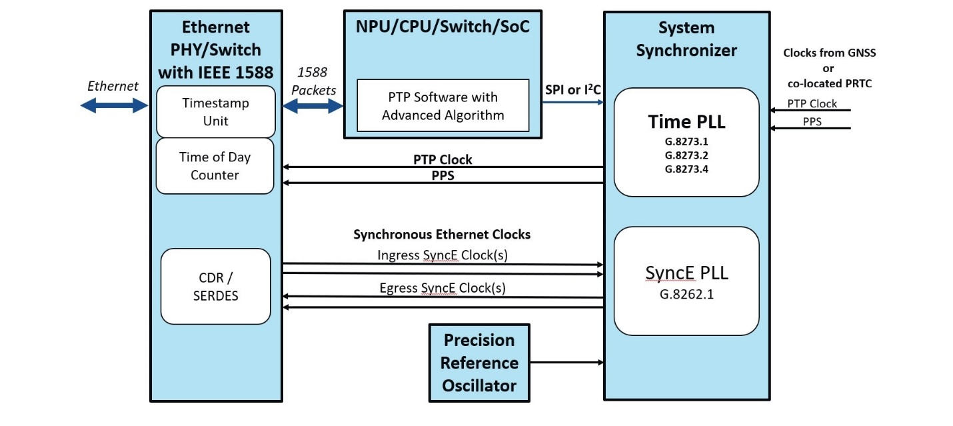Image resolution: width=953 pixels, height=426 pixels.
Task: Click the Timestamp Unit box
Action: (215, 112)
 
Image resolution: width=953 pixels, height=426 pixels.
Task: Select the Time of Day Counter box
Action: (215, 166)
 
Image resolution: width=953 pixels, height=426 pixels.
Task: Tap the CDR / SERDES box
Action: (215, 287)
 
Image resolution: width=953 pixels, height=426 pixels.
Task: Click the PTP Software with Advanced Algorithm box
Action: (443, 106)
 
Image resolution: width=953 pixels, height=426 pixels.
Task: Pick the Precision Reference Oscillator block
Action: (479, 363)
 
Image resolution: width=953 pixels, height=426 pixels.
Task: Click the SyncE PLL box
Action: (686, 281)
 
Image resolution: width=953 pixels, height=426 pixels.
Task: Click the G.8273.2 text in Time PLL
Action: (686, 155)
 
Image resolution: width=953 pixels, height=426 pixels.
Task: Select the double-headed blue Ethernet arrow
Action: (113, 105)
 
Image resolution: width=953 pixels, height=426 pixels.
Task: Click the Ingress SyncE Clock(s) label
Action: (442, 255)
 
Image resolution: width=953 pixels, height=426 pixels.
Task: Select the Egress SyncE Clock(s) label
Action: (442, 288)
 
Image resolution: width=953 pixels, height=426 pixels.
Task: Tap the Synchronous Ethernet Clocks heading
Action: (442, 235)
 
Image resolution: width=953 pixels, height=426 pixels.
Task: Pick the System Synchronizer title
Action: (686, 39)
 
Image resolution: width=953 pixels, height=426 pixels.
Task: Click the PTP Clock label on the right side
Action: (812, 103)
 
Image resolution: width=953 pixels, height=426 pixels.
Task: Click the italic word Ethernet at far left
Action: (113, 86)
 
